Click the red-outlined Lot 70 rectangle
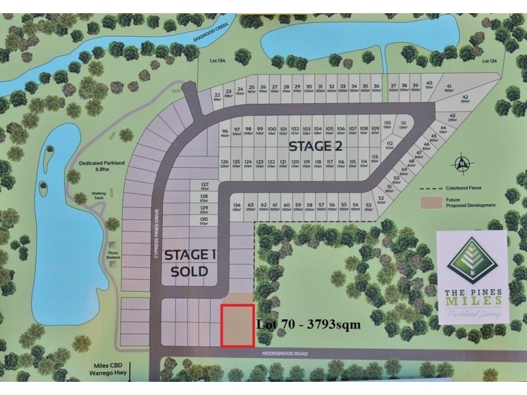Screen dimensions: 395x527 (x=238, y=326)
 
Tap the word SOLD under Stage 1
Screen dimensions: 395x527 (x=190, y=271)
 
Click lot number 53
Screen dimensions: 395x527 (x=368, y=207)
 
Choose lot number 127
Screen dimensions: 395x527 (x=204, y=186)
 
